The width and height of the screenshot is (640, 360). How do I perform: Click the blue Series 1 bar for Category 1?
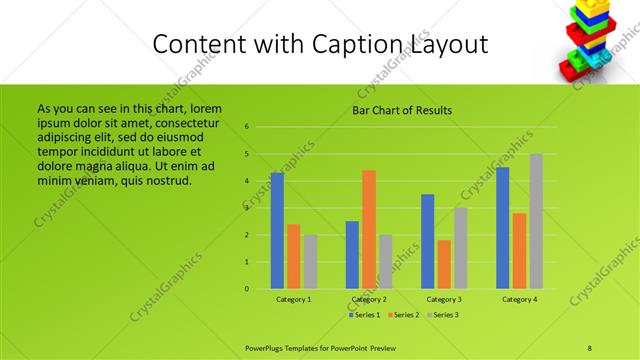[277, 231]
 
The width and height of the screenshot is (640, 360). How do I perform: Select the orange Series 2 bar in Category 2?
[369, 230]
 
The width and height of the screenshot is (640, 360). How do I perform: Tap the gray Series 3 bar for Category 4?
[536, 222]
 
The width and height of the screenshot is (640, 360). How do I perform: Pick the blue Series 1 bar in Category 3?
[428, 242]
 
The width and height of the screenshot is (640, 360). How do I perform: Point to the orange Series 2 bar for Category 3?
[444, 264]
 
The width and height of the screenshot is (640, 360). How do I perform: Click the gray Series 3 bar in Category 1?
[310, 262]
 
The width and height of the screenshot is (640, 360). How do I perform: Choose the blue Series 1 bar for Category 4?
[503, 228]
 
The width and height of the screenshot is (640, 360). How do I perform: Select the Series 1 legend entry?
[363, 315]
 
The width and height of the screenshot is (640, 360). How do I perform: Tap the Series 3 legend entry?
[443, 315]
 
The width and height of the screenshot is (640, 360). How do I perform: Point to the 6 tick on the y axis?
[247, 127]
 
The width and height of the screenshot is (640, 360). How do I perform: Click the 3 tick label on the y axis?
[247, 208]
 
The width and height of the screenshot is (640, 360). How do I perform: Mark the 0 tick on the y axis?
[247, 289]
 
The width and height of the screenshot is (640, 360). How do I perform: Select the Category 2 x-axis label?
[369, 299]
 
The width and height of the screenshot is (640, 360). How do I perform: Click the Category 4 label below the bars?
[520, 299]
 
